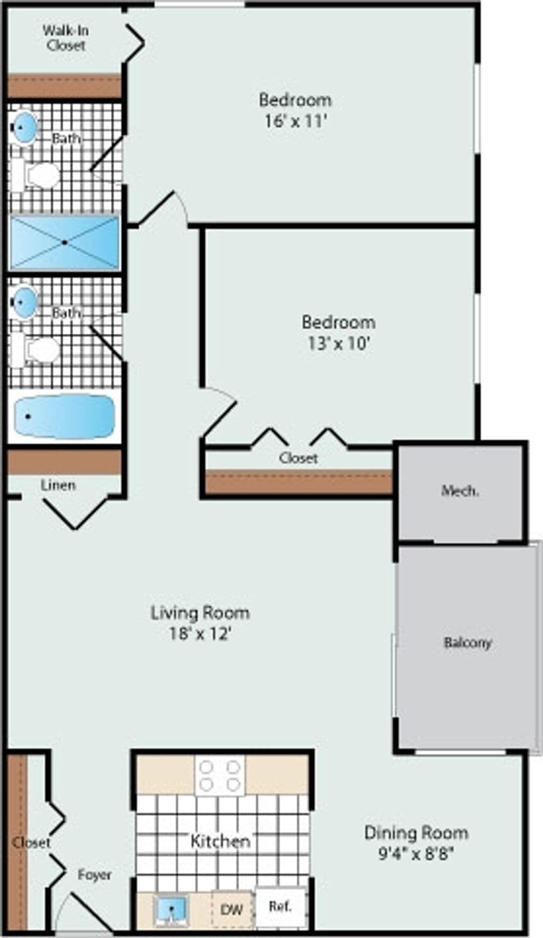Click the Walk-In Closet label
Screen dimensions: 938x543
(65, 38)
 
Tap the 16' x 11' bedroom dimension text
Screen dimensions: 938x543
(295, 121)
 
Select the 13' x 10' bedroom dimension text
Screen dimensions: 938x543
(338, 343)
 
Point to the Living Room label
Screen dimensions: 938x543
(200, 613)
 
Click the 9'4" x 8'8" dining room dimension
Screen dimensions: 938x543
(416, 853)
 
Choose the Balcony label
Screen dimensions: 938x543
(467, 642)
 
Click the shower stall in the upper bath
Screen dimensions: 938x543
(64, 242)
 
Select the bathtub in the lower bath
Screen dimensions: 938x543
(64, 417)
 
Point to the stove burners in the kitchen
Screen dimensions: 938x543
(220, 776)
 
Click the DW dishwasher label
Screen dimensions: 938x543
(231, 909)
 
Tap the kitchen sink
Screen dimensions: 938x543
(171, 909)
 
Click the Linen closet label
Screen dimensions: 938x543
(58, 485)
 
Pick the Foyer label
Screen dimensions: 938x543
(95, 874)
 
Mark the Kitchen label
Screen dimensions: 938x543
(220, 841)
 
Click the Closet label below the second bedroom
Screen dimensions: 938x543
(298, 458)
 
